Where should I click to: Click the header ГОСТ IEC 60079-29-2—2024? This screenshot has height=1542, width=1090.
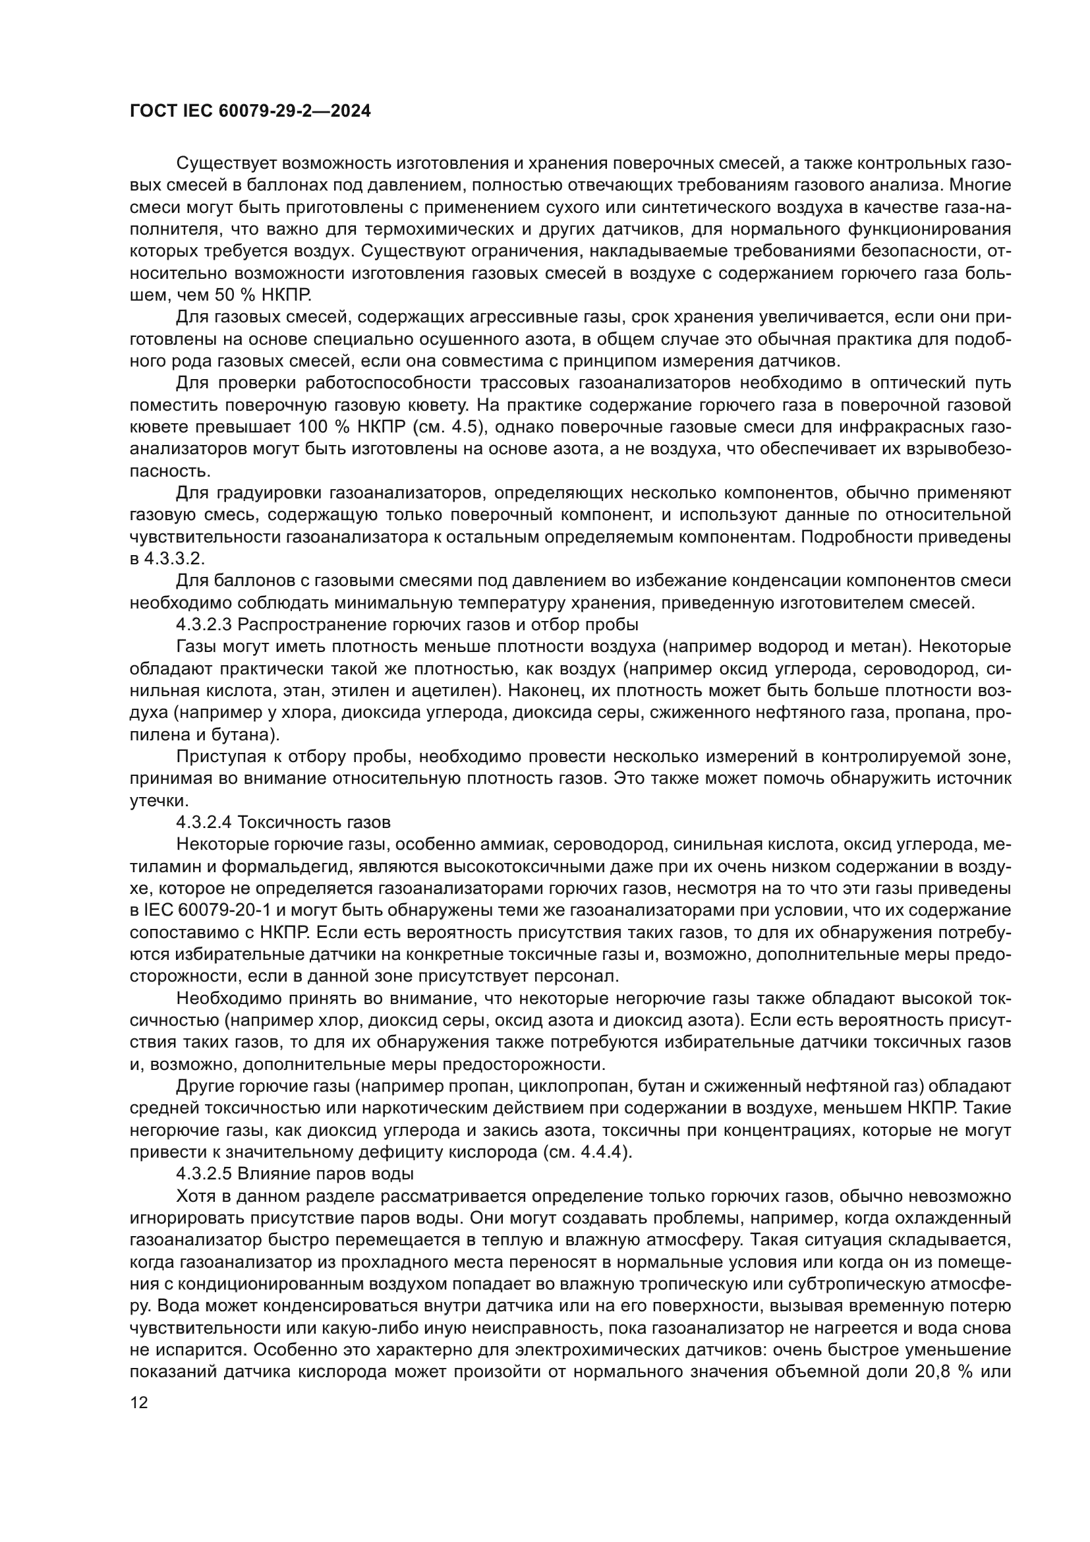[250, 111]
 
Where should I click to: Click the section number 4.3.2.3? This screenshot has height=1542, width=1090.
[204, 624]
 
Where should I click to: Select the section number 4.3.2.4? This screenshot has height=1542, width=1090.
[204, 822]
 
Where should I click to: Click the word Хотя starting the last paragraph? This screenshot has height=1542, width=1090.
[194, 1195]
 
